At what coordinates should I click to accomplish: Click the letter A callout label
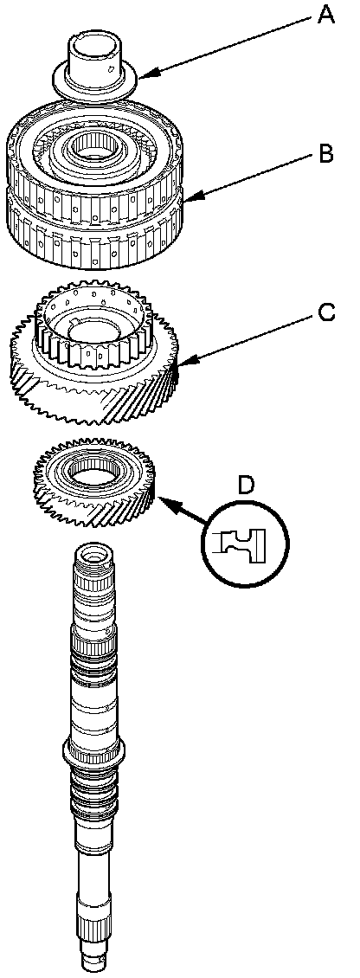[x=326, y=14]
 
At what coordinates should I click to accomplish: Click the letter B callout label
[x=326, y=153]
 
